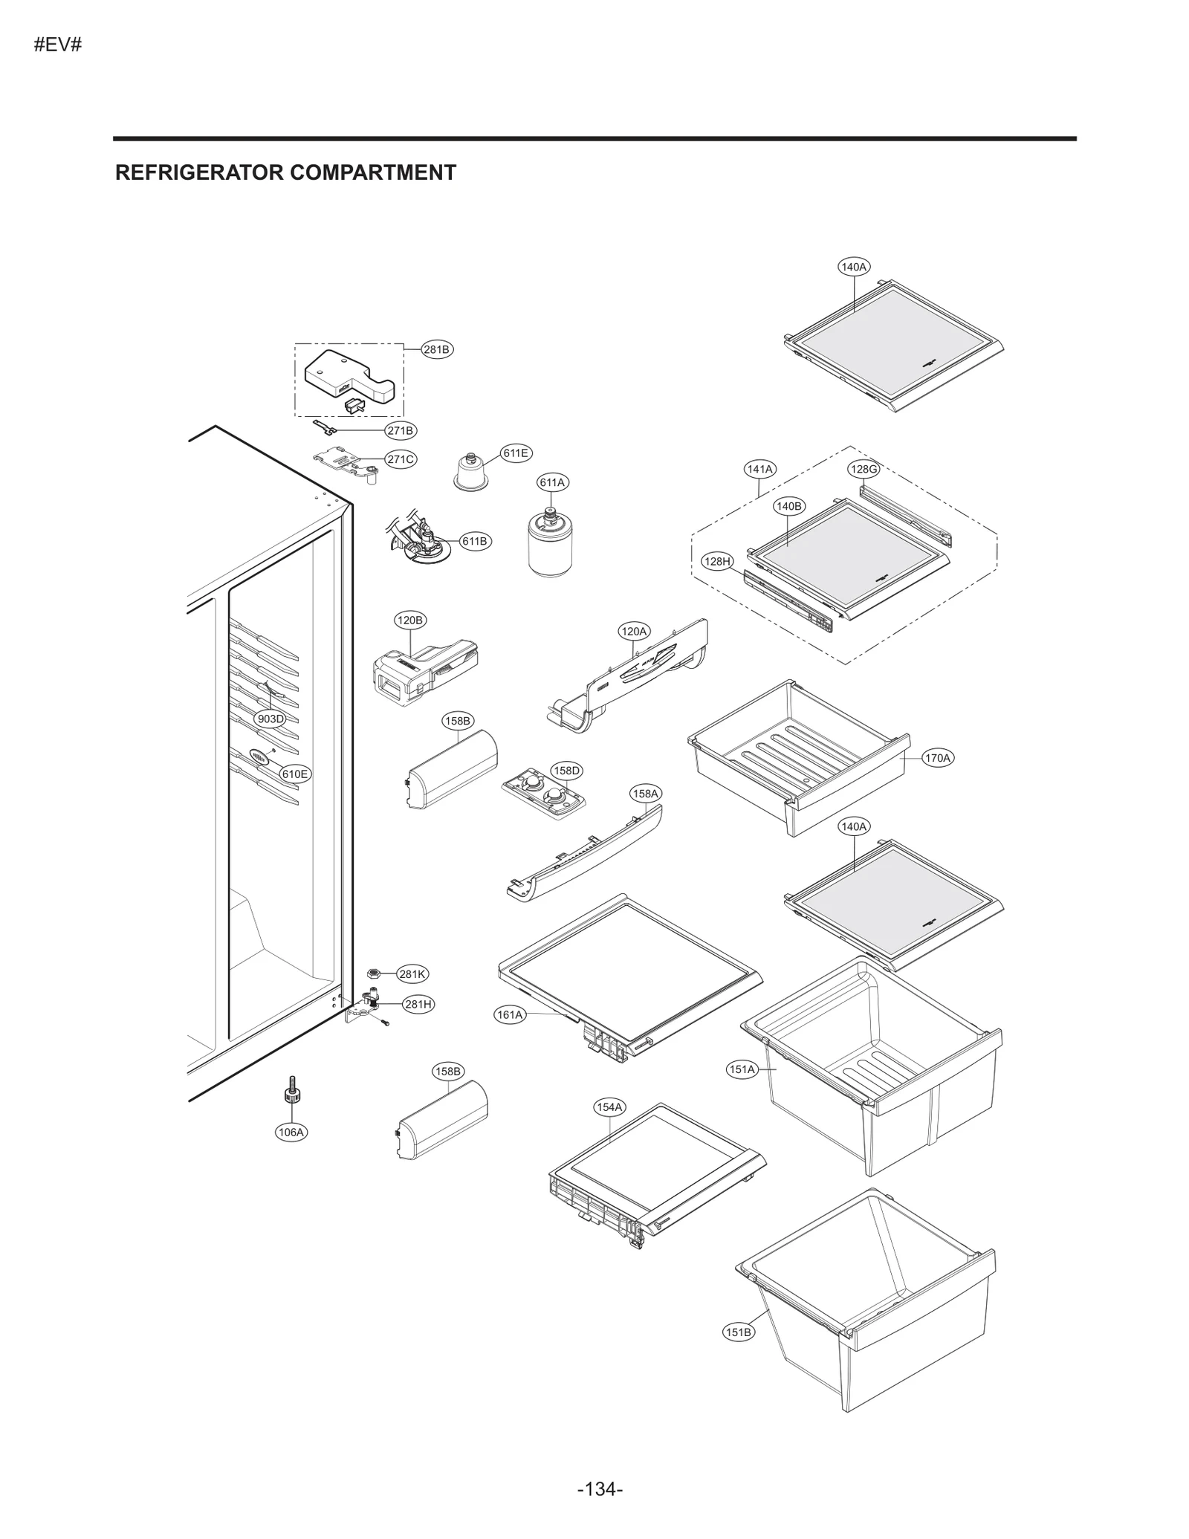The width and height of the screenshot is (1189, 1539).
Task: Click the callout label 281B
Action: [x=437, y=349]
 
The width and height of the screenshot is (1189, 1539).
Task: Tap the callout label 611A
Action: [x=552, y=482]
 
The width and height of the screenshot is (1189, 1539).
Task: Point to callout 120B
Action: [x=409, y=620]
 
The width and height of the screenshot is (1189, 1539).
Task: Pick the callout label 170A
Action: [x=937, y=758]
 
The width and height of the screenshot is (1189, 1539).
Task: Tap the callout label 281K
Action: [x=412, y=973]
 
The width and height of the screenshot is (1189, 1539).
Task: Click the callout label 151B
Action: [x=738, y=1332]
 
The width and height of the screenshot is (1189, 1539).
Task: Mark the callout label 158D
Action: [x=566, y=771]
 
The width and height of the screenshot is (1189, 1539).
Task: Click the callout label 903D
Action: [x=270, y=719]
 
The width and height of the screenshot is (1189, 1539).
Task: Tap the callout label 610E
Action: [x=294, y=774]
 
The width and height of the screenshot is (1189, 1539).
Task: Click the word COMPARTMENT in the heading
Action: [x=372, y=172]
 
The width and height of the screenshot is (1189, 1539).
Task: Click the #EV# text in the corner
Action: [x=57, y=45]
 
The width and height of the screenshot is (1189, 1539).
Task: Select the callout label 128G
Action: [x=864, y=469]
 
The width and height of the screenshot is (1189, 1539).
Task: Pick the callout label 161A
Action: [x=510, y=1014]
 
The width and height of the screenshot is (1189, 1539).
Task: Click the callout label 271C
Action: [x=401, y=459]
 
